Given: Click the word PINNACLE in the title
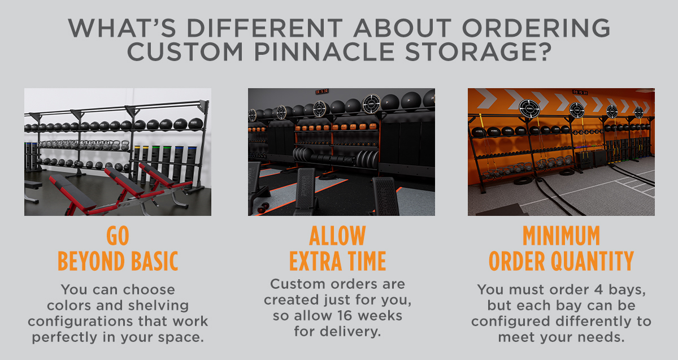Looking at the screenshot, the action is click(324, 52).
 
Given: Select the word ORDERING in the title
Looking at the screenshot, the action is click(536, 28).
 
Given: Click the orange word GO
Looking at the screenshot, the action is click(118, 236).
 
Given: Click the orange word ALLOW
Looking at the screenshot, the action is click(337, 236).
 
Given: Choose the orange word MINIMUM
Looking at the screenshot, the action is click(561, 236).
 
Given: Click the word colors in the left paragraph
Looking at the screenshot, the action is click(69, 306).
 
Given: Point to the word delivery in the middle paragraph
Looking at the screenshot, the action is click(350, 332).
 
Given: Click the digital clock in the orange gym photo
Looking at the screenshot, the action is click(580, 92).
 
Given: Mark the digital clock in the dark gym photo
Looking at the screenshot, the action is click(322, 91).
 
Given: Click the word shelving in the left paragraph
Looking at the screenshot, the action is click(158, 306).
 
